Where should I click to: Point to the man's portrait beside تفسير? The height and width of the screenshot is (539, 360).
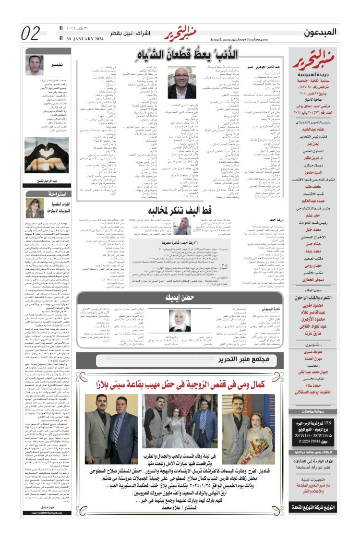coord(35,66)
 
